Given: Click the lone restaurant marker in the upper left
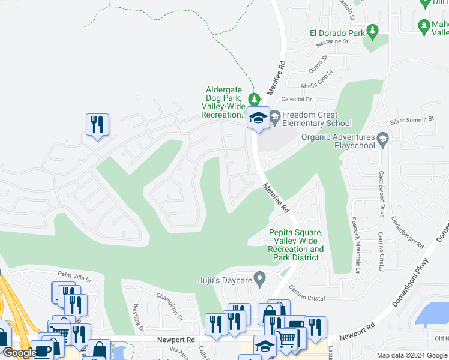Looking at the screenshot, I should (x=97, y=125).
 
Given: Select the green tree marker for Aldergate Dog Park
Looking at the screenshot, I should (x=255, y=98).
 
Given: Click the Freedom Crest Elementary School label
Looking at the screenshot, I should (x=310, y=119).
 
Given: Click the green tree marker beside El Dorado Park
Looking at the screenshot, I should (x=373, y=30).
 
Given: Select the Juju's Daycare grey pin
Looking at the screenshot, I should (x=260, y=279).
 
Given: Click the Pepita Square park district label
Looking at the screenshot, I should (x=295, y=245).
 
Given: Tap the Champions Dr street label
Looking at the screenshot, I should (x=169, y=306).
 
